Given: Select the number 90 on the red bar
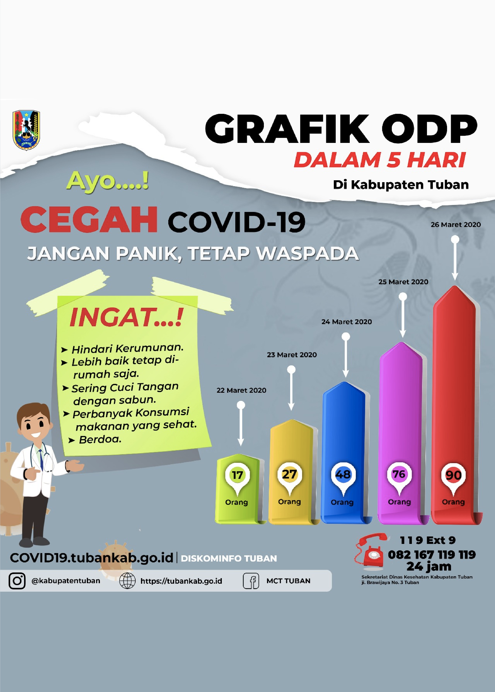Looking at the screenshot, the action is (x=453, y=475).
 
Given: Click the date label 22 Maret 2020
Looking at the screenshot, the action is (x=241, y=390).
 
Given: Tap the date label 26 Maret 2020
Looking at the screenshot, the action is (x=455, y=225).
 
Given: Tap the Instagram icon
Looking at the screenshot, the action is (x=17, y=581).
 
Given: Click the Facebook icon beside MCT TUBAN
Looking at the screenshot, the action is (x=251, y=581).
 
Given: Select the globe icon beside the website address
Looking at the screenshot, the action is (x=127, y=581).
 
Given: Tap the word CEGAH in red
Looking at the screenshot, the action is (x=89, y=220).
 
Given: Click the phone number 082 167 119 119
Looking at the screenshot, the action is (x=432, y=555).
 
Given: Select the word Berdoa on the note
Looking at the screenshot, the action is (x=100, y=439).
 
